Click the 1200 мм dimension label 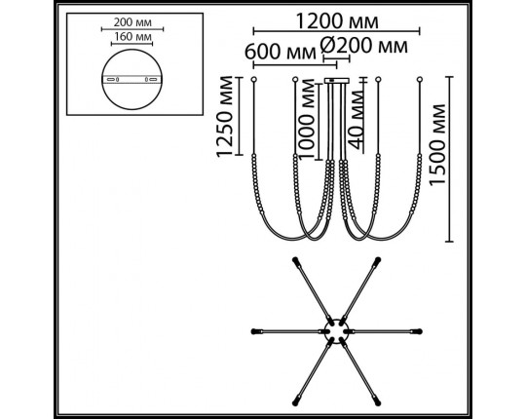[337, 21]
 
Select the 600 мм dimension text [281, 53]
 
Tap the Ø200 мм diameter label [364, 46]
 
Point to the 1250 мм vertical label [224, 117]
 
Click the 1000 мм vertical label [306, 120]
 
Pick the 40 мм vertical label [356, 120]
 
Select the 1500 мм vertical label [437, 145]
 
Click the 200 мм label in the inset [132, 22]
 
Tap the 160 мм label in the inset [132, 37]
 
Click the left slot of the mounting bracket [110, 80]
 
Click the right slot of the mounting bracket [153, 80]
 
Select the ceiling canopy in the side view [337, 81]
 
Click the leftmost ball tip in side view [254, 80]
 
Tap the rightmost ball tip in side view [419, 80]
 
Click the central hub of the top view [337, 331]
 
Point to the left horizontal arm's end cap [256, 331]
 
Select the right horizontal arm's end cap [417, 331]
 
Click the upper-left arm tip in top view [296, 261]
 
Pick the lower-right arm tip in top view [377, 401]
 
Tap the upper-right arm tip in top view [377, 261]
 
